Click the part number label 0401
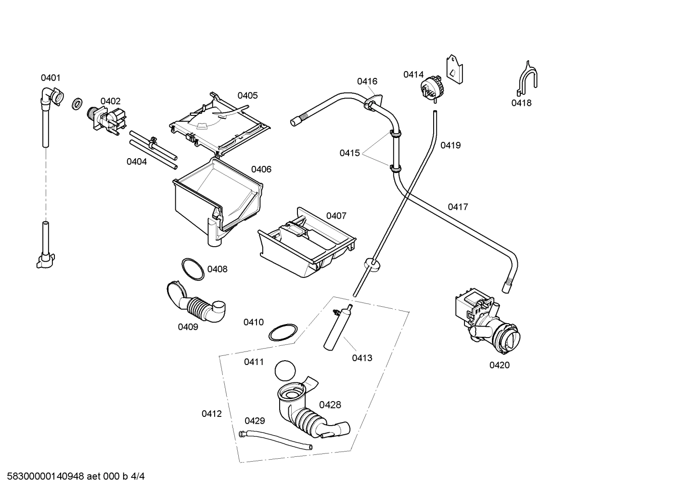click(51, 78)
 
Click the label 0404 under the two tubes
click(137, 162)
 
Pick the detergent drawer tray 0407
click(306, 243)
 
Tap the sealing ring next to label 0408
click(193, 269)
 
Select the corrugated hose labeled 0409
click(197, 305)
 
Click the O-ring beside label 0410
click(282, 332)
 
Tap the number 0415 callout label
click(349, 153)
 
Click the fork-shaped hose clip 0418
click(527, 79)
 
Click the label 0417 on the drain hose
click(458, 207)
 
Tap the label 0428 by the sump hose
click(330, 405)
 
